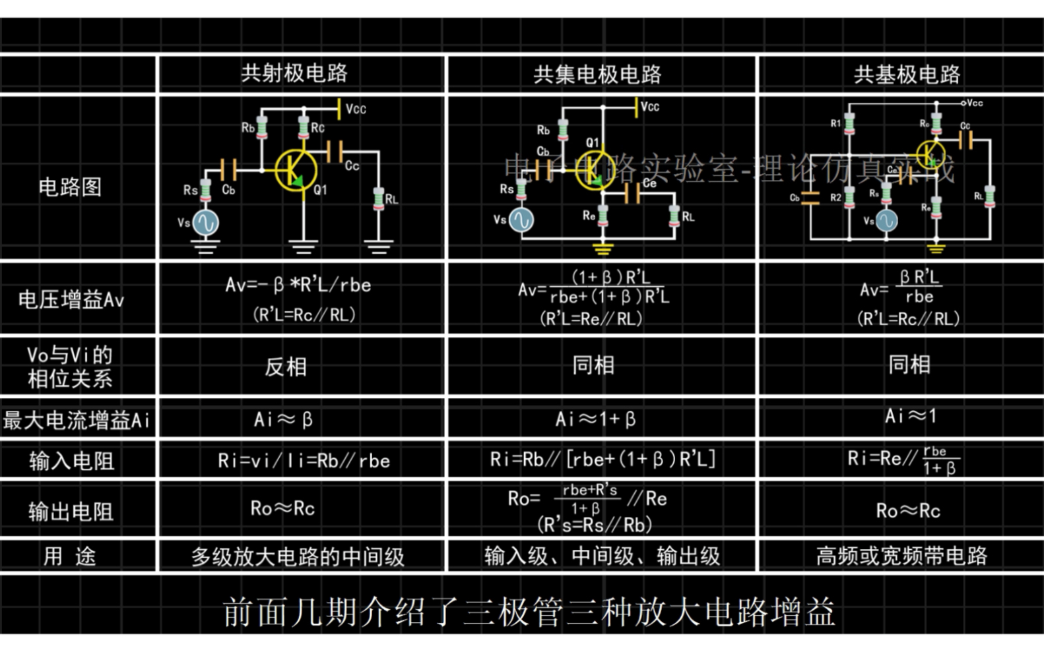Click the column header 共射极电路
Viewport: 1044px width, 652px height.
tap(294, 73)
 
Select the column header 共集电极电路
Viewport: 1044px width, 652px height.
tap(597, 74)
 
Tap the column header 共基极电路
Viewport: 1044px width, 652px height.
tap(907, 74)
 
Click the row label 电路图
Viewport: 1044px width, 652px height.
tap(70, 187)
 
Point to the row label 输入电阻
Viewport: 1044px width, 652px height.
tap(71, 461)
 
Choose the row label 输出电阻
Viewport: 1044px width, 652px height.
tap(71, 512)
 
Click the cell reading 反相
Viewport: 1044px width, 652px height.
tap(286, 367)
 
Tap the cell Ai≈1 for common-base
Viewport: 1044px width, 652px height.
tap(910, 416)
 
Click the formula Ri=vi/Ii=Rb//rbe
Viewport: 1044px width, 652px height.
tap(304, 461)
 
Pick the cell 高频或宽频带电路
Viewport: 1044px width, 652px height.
tap(901, 556)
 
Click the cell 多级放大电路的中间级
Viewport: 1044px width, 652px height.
tap(298, 557)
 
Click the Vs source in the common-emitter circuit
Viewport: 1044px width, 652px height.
tap(205, 223)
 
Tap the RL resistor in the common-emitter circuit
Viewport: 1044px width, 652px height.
tap(378, 198)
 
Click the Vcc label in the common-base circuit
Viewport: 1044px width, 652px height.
tap(974, 103)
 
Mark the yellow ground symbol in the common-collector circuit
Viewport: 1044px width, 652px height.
tap(602, 249)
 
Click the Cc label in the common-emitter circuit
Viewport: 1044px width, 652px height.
tap(352, 165)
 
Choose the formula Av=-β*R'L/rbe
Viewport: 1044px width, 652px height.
tap(298, 285)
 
